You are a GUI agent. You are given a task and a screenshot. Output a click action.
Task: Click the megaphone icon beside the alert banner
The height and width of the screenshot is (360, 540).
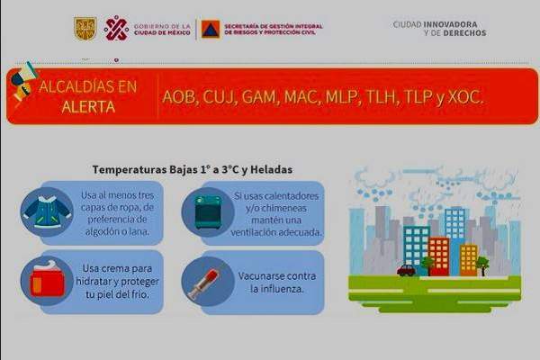point(23,82)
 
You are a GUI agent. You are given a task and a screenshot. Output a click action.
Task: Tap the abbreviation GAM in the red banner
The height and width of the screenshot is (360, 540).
point(258,97)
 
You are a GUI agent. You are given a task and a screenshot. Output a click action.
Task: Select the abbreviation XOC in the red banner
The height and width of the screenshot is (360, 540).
point(465,97)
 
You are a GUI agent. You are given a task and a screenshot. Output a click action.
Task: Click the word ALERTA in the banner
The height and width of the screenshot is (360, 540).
point(88,107)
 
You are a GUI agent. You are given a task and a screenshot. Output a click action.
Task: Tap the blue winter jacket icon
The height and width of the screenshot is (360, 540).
point(47,211)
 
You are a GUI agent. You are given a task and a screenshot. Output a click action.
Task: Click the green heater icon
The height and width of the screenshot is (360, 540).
point(208,212)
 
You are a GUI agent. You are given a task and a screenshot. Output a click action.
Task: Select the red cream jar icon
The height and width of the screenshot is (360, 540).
point(48,279)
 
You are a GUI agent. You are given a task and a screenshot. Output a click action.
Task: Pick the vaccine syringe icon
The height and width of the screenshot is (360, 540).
point(204,283)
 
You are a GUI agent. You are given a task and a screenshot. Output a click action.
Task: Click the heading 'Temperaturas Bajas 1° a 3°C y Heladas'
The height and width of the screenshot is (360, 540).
point(193,169)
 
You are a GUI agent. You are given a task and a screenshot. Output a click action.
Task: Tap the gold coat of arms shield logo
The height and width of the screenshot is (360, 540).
point(85,29)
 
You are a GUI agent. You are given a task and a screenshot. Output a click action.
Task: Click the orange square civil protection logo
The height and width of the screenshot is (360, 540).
point(211,29)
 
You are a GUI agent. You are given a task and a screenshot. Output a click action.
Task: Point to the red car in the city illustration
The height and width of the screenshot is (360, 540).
point(406,270)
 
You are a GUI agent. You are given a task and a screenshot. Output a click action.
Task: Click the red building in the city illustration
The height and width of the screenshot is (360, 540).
point(439,256)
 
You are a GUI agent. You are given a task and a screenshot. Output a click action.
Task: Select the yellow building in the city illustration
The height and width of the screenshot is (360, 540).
point(469,260)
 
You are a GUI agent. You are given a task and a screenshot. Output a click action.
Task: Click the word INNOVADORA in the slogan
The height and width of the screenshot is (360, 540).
point(450,24)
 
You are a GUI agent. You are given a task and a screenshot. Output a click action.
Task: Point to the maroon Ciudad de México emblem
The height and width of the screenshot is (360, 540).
point(116,28)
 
